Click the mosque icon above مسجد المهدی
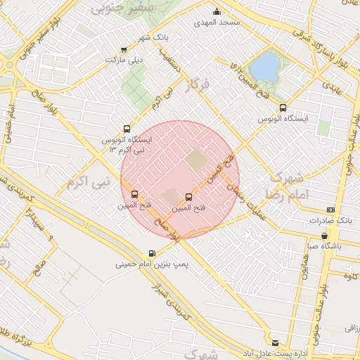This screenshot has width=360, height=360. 217,11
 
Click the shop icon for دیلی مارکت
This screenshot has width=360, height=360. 124,50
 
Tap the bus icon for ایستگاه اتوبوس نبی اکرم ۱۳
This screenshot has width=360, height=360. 127,129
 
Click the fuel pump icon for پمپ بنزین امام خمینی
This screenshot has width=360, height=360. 152,254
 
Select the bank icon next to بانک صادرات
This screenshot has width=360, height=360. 330,210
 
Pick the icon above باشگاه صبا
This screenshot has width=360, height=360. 324,236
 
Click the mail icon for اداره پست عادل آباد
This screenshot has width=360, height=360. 275,340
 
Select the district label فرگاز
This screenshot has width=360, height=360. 196,86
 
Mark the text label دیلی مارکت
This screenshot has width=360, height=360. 124,60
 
